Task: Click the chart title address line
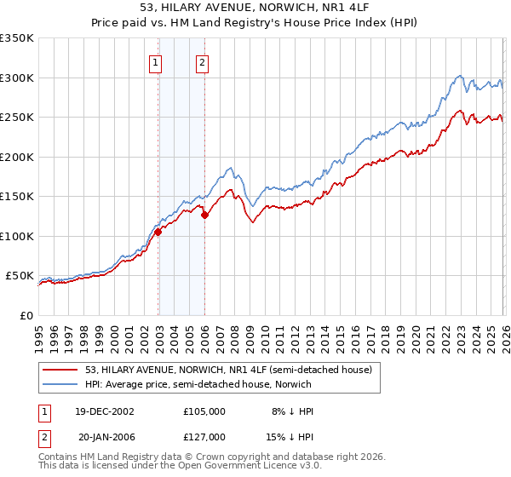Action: click(x=255, y=8)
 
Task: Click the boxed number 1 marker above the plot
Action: click(x=156, y=62)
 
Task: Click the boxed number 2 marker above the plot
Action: click(x=202, y=62)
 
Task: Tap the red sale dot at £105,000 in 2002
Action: click(x=158, y=232)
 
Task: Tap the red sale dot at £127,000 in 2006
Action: click(x=204, y=215)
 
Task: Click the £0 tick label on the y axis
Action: click(x=26, y=315)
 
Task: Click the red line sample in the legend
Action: click(x=61, y=370)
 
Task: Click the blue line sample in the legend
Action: click(x=61, y=384)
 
